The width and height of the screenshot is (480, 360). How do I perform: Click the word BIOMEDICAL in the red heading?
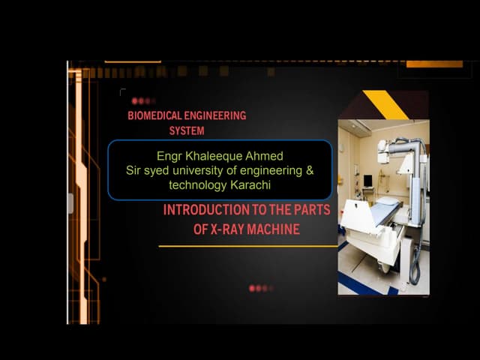tap(154, 116)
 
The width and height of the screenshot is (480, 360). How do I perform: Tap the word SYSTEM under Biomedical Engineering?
tap(187, 130)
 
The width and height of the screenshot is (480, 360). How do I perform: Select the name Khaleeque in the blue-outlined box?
tap(211, 157)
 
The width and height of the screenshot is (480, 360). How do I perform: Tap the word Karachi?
tap(251, 184)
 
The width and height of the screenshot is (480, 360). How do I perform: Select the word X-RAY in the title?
tap(228, 229)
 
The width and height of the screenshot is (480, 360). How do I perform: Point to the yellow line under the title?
tap(247, 246)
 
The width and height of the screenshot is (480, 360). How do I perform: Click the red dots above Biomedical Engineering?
tap(142, 100)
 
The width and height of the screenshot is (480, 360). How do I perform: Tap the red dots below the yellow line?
tap(260, 288)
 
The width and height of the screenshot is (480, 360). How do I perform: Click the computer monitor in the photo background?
tap(367, 181)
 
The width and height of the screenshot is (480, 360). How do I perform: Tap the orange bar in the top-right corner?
tap(434, 64)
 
